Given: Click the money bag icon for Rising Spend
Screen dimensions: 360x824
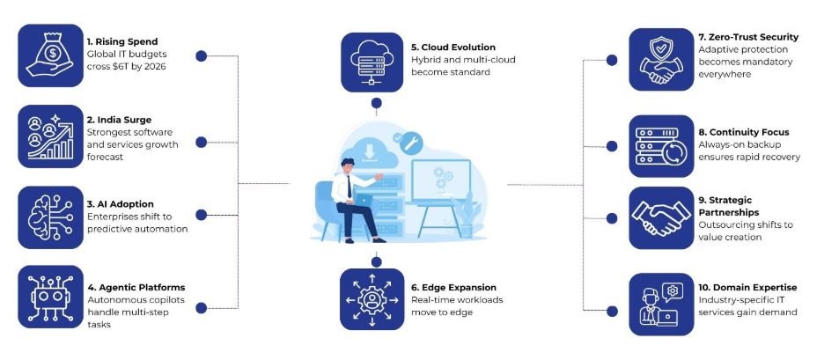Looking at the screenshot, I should coord(50,56).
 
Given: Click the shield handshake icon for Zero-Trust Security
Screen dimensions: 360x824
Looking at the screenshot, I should coord(660,60).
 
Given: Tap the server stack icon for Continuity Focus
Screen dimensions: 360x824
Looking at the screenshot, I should coord(660,145).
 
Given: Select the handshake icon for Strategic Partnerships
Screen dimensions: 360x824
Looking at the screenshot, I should coord(660,217).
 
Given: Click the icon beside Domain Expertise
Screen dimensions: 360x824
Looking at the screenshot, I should coord(660,304).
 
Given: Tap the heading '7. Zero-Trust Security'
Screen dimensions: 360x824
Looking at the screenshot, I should coord(748,37).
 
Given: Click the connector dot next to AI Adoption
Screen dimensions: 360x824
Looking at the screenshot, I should coord(201,215).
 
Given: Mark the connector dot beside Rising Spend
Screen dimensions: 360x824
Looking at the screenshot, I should coord(201,55).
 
